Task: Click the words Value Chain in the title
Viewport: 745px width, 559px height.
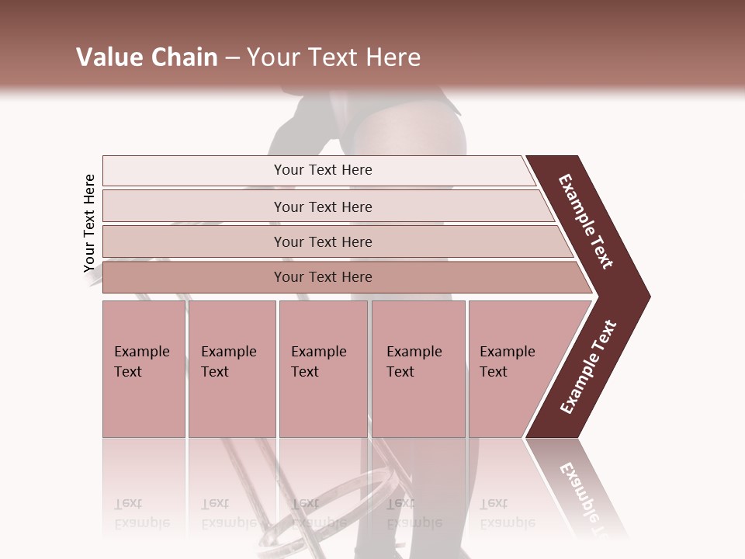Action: (147, 57)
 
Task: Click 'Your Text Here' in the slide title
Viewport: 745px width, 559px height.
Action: (334, 57)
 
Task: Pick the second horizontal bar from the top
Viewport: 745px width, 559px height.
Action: (323, 207)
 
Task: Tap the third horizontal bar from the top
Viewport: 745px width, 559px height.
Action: (323, 241)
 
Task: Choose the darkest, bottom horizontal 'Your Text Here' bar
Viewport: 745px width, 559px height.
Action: (323, 277)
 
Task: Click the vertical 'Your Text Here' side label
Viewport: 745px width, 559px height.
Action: (89, 224)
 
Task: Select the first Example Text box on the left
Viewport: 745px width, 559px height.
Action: (144, 368)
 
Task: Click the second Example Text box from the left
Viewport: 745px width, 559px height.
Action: (231, 368)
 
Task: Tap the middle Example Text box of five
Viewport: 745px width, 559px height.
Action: (323, 368)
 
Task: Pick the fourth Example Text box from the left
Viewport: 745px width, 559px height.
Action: (418, 368)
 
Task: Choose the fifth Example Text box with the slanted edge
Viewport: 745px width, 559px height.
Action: (516, 368)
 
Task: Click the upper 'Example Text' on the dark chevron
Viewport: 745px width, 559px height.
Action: (586, 221)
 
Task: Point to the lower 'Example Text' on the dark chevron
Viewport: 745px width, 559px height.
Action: (588, 366)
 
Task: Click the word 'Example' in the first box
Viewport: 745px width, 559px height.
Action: (142, 352)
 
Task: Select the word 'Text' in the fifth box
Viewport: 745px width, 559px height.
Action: (494, 372)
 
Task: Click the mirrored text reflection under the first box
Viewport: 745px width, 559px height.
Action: (142, 513)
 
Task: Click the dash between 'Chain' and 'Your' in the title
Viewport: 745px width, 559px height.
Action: (232, 58)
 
